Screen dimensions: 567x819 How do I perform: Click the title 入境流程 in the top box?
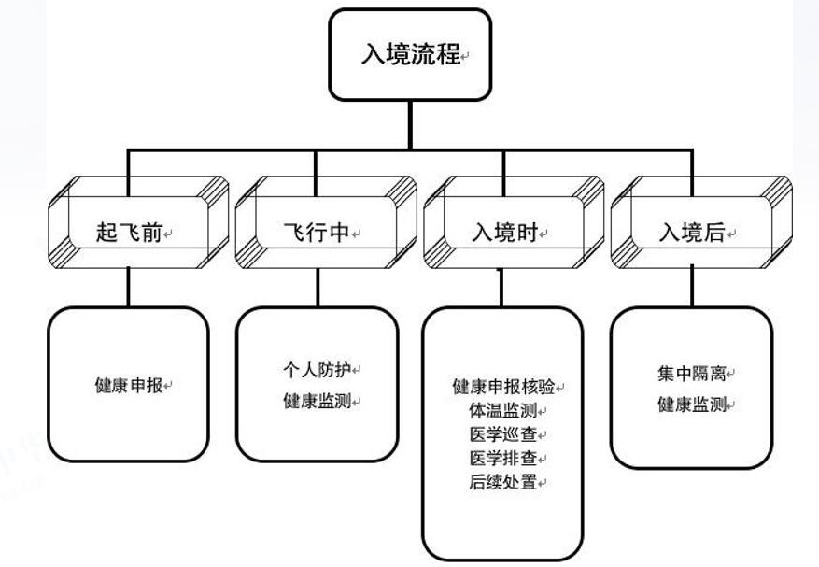411,54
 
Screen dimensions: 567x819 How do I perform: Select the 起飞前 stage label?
129,233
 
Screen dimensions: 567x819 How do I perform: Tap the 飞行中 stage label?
317,233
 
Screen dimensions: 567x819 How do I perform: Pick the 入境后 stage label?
692,233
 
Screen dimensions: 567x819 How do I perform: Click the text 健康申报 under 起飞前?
129,385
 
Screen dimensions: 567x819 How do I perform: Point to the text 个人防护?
318,369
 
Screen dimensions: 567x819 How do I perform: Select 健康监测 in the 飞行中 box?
318,402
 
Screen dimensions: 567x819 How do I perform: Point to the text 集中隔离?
692,374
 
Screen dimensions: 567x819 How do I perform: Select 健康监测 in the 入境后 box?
692,404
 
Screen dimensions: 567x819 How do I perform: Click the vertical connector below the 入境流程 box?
411,124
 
